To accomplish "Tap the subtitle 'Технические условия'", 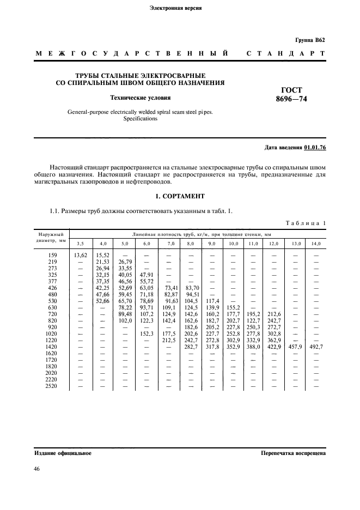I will (141, 98).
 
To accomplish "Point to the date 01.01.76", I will (315, 148).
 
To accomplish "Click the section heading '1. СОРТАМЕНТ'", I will (180, 196).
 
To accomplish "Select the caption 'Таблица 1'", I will (305, 222).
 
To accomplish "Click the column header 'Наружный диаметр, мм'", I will (52, 236).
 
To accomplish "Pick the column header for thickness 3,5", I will (80, 243).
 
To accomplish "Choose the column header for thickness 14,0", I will (315, 243).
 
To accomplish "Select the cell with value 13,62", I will (80, 254).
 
